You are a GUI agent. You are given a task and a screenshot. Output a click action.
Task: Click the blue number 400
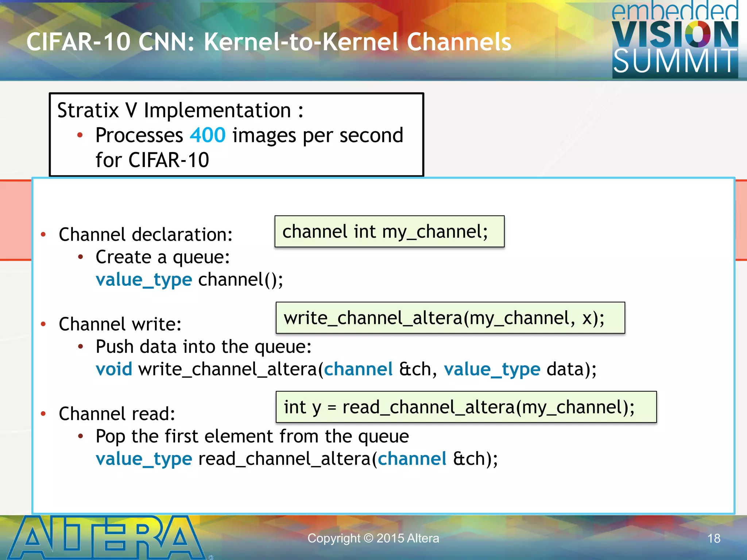(x=208, y=135)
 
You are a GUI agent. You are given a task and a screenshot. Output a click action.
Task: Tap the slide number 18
(x=714, y=538)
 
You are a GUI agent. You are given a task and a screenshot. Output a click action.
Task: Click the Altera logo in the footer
(x=106, y=538)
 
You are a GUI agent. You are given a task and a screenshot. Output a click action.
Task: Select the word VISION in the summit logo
(x=675, y=35)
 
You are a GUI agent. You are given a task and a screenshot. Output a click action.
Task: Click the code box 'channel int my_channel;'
(x=389, y=232)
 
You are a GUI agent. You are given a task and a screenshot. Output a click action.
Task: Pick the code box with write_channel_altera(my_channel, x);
(x=450, y=318)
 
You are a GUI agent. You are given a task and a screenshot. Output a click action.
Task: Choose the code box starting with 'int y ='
(x=466, y=407)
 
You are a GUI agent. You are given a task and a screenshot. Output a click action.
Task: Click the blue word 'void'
(x=114, y=369)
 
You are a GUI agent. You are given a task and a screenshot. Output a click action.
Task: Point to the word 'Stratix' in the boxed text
(x=88, y=110)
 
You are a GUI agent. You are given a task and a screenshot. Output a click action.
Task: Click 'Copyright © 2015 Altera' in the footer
(x=373, y=538)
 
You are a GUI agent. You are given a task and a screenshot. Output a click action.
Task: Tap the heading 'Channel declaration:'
(x=146, y=234)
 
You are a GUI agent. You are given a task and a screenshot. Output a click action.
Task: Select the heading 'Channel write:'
(x=120, y=324)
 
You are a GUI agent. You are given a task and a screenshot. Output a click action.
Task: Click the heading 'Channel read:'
(x=117, y=414)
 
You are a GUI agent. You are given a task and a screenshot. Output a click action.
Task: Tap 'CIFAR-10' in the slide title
(x=78, y=42)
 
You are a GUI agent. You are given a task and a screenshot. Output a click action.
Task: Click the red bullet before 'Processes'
(x=80, y=136)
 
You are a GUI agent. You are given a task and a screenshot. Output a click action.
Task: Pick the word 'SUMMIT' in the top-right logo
(x=675, y=61)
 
